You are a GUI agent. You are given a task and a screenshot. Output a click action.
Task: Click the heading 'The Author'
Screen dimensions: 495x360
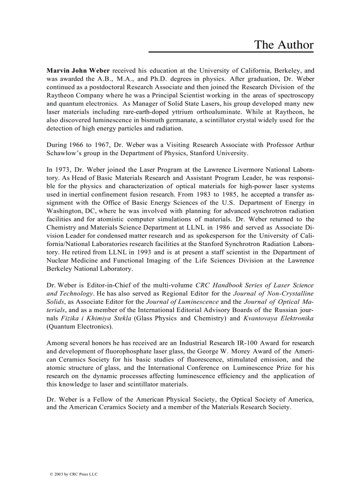tap(284, 45)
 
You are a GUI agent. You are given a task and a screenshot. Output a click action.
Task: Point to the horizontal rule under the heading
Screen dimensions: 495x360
tap(231, 52)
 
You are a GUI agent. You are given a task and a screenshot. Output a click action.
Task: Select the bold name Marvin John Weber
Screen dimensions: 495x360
tap(78, 70)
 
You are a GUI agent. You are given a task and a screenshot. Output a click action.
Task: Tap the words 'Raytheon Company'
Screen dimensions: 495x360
tap(72, 95)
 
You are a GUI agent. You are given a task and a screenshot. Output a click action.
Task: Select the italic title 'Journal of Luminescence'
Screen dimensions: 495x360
tap(182, 301)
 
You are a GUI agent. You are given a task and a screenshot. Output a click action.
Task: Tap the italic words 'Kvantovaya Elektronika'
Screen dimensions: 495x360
tap(278, 318)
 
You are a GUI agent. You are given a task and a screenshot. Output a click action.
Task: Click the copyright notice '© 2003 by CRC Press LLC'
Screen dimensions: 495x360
tap(74, 474)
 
